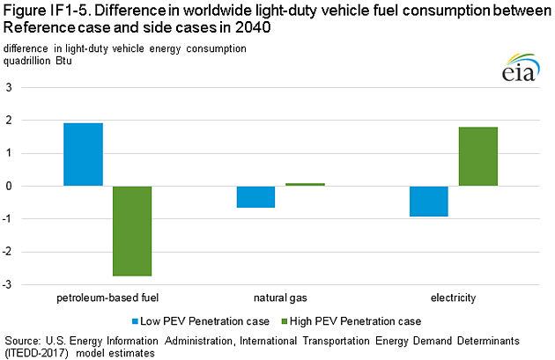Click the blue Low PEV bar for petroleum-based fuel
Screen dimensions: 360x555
point(83,154)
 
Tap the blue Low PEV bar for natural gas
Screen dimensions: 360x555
point(256,196)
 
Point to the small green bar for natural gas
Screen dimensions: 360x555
point(305,184)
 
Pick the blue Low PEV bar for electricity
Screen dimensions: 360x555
point(429,201)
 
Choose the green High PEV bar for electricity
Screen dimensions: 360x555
point(477,157)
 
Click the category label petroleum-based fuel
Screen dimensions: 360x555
point(107,298)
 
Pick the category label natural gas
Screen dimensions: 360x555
point(281,298)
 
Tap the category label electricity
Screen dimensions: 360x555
point(454,298)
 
